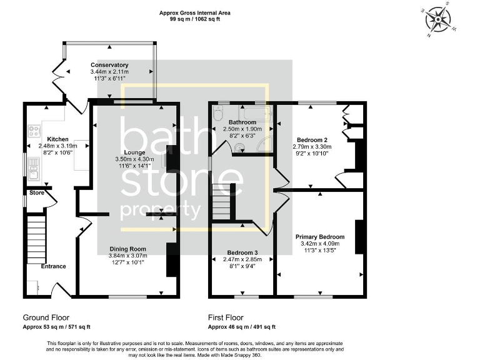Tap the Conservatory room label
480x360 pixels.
point(109,65)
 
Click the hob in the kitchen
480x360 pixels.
point(34,132)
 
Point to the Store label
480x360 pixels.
point(37,192)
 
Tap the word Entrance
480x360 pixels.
point(53,266)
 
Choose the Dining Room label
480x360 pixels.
point(128,249)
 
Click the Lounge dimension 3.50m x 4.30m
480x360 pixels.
point(134,159)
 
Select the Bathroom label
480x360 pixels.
point(242,122)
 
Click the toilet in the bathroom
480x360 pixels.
point(218,114)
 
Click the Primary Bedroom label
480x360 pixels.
point(320,237)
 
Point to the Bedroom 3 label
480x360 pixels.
point(241,252)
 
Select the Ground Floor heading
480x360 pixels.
point(46,317)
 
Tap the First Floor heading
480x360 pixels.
point(226,317)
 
